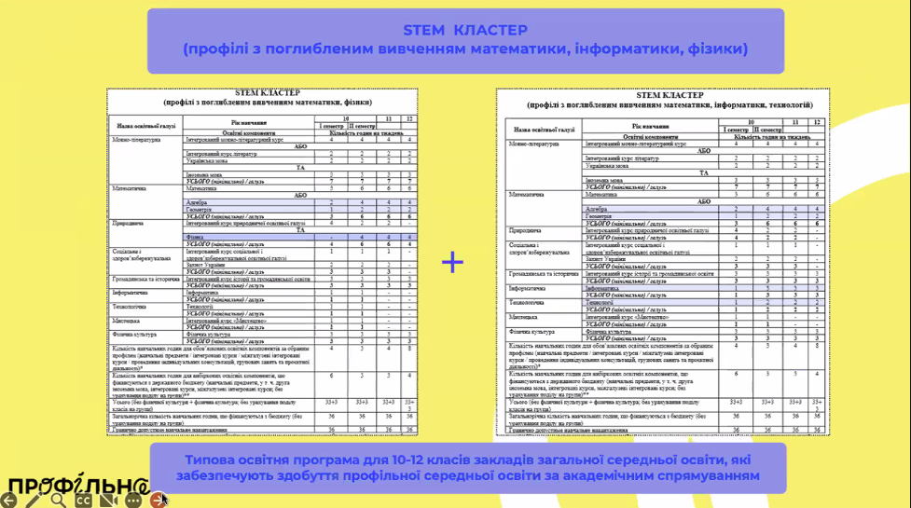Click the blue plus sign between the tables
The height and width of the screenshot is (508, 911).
[452, 262]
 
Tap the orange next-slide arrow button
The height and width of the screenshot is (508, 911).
[158, 500]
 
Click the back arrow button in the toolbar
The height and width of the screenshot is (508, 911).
[9, 500]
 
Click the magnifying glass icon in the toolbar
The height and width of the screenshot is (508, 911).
[58, 500]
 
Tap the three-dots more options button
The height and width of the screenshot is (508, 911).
[132, 500]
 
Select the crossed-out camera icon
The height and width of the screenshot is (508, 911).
[107, 500]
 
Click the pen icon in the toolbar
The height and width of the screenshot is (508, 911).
[34, 500]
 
